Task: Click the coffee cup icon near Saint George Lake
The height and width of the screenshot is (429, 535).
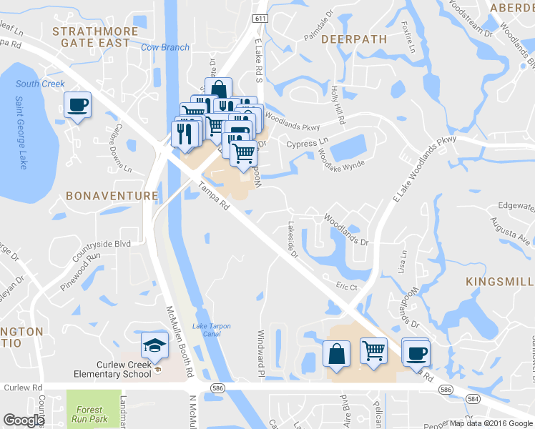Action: click(x=77, y=105)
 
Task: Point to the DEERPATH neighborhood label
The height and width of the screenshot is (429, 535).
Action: click(x=354, y=39)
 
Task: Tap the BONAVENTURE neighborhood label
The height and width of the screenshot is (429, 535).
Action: click(x=111, y=195)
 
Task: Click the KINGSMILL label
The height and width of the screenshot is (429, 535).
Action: click(x=500, y=282)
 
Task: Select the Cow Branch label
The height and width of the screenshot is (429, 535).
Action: click(x=165, y=48)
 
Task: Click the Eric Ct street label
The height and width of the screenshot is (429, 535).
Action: click(x=347, y=285)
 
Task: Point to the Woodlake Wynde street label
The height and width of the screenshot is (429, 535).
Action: click(x=341, y=159)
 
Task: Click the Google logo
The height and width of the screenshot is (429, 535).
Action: click(x=24, y=420)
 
